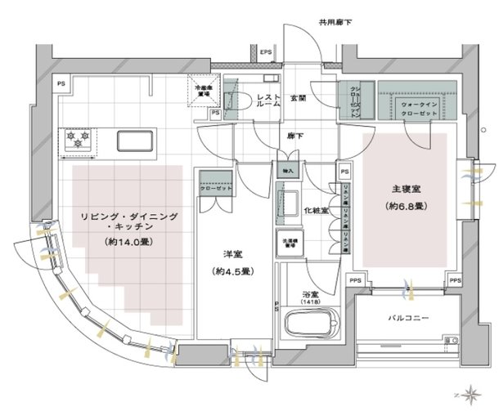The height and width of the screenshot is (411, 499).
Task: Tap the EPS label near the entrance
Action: coord(265,55)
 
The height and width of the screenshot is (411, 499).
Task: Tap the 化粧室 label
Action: coord(315,210)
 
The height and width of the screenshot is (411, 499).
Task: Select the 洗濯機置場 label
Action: coord(290,242)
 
